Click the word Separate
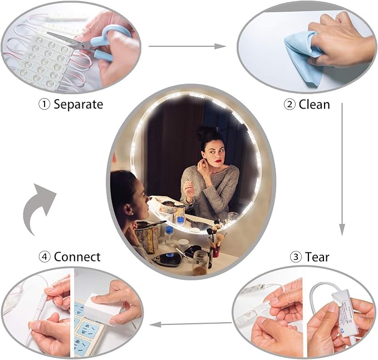pos(78,104)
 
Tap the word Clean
pos(315,105)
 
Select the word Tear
pos(317,257)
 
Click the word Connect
pos(77,257)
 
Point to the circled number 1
pos(45,105)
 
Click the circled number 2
pos(289,105)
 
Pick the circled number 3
pos(296,257)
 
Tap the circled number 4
pos(45,257)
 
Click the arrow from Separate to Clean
pos(187,46)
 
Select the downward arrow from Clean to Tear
pos(342,169)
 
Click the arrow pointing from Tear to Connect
pos(191,324)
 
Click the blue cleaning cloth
pos(303,57)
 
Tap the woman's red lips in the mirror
pos(218,161)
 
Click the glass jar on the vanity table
pos(200,263)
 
